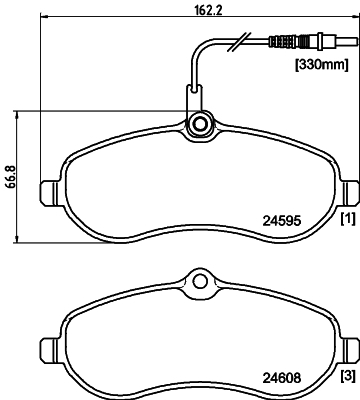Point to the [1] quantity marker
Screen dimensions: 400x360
[x=347, y=219]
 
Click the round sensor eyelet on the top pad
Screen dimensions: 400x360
[x=199, y=125]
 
